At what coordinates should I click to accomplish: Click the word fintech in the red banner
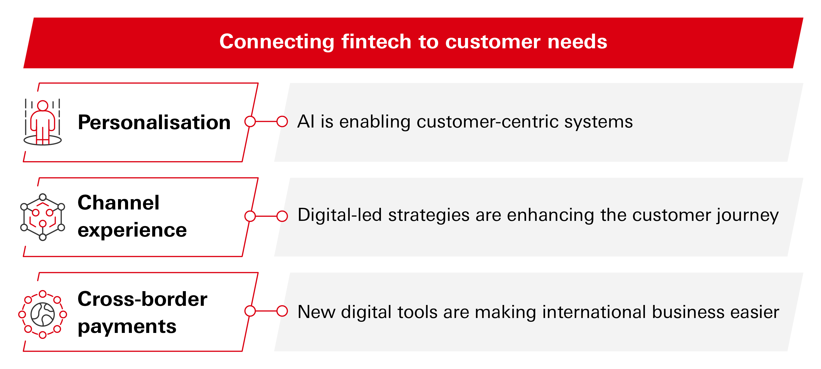tap(376, 42)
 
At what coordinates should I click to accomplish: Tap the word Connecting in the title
tap(277, 42)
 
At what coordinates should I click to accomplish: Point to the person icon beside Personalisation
tap(43, 122)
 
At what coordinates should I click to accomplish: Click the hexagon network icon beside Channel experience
tap(43, 217)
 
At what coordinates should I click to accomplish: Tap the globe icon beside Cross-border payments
tap(43, 314)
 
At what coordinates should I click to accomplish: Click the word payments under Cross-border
tap(127, 327)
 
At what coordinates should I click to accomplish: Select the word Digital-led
tap(340, 215)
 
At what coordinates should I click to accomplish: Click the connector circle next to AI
tap(282, 121)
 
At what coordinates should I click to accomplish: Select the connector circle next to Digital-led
tap(282, 216)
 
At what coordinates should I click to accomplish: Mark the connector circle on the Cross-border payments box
tap(250, 311)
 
